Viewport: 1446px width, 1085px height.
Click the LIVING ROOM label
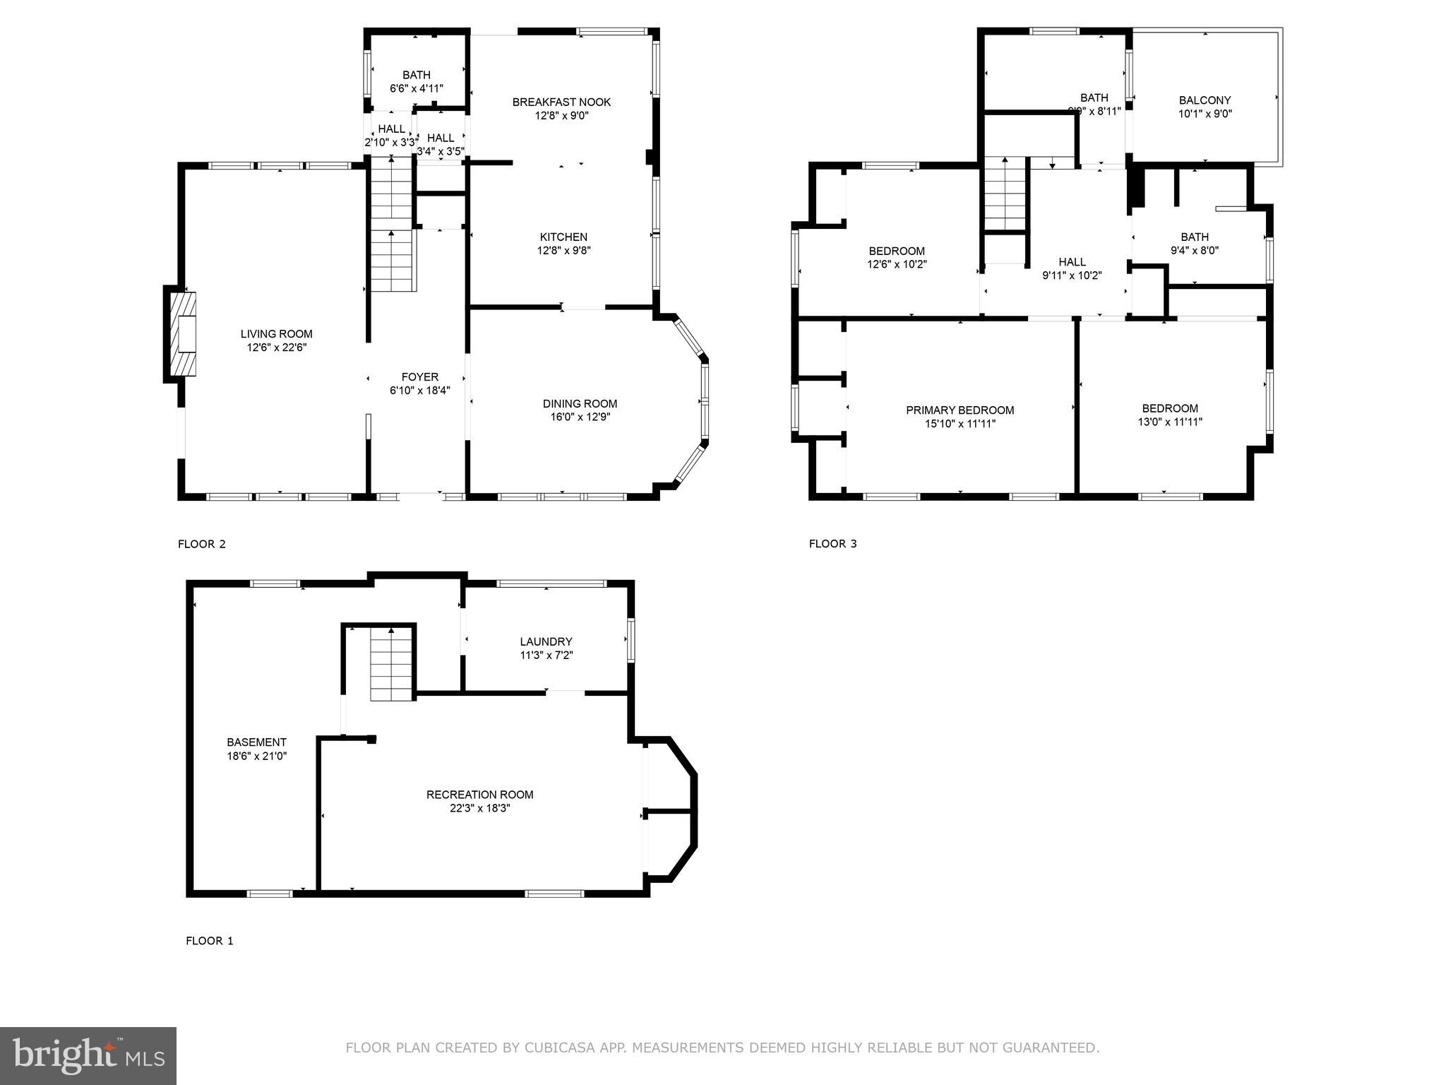[x=276, y=334]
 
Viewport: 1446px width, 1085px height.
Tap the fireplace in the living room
[x=184, y=334]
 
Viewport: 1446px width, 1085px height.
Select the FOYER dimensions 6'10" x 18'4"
[x=419, y=391]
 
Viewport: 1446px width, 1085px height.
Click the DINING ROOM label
[x=580, y=403]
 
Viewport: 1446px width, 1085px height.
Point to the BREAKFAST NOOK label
[x=561, y=102]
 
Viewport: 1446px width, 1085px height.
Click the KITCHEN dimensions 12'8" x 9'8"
[x=563, y=250]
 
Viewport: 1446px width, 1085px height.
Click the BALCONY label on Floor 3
[x=1205, y=100]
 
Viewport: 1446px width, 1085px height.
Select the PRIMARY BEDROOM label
[x=960, y=410]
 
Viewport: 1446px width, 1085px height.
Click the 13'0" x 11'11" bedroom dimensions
[x=1170, y=422]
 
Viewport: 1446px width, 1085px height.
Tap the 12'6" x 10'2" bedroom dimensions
[x=897, y=265]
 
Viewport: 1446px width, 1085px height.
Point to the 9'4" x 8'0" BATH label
[x=1194, y=237]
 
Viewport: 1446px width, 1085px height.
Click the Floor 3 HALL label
[x=1072, y=262]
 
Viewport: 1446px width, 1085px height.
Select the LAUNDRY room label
[x=546, y=641]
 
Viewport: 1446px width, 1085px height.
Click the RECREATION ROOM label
[x=479, y=795]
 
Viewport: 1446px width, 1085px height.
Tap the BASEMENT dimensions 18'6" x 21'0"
[x=256, y=756]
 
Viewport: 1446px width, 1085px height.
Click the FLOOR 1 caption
[x=209, y=941]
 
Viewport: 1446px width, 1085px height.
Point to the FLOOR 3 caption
[x=832, y=544]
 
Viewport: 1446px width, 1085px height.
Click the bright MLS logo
[x=88, y=1056]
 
